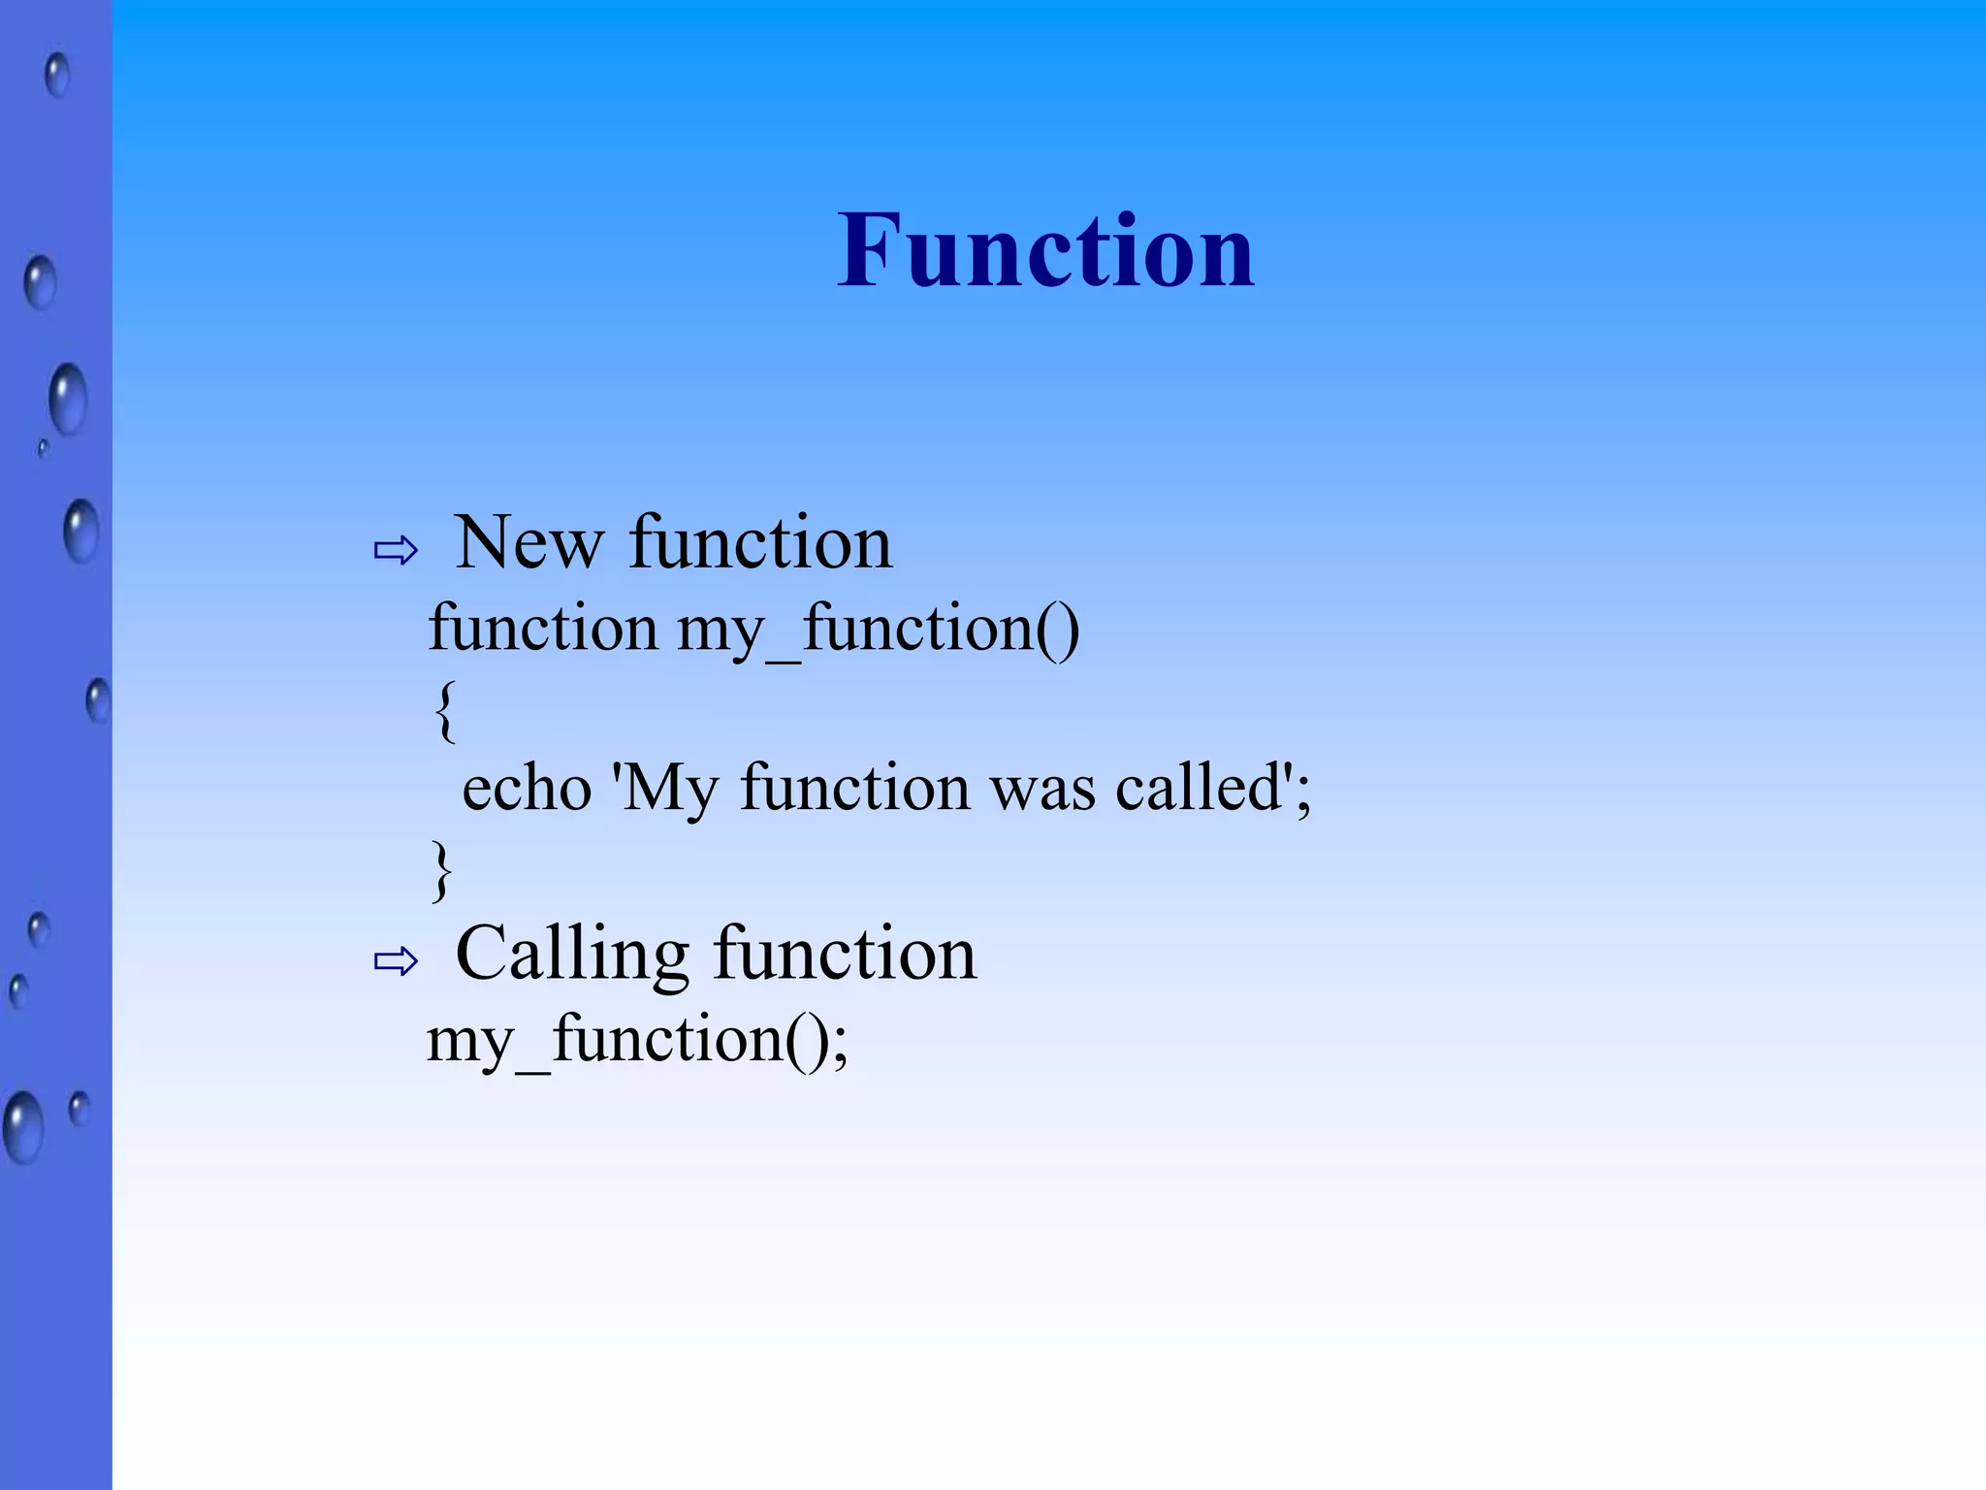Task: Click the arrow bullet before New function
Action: [396, 551]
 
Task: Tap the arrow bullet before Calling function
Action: [396, 961]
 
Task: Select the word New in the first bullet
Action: [529, 542]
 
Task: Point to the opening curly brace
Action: [444, 710]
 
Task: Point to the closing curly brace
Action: [442, 870]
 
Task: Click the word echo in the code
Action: [527, 788]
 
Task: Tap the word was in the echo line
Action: [1043, 788]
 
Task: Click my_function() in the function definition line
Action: [878, 629]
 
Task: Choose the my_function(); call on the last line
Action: [637, 1041]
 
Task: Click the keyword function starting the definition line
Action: [543, 628]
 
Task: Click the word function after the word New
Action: [760, 542]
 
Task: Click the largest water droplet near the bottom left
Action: [22, 1127]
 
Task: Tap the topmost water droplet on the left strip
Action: [57, 74]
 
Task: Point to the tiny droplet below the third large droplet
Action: [43, 448]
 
